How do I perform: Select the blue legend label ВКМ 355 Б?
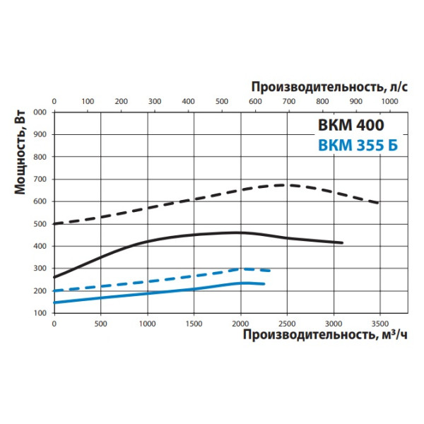(358, 146)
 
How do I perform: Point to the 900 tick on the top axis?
(356, 102)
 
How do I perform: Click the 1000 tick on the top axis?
(389, 102)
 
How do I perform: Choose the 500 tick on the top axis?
(222, 102)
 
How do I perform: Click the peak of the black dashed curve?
(283, 184)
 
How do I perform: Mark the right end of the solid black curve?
(343, 243)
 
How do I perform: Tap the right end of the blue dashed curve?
(270, 271)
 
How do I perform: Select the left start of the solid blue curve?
(54, 302)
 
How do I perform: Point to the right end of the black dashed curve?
(379, 204)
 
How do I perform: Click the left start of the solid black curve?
(54, 277)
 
